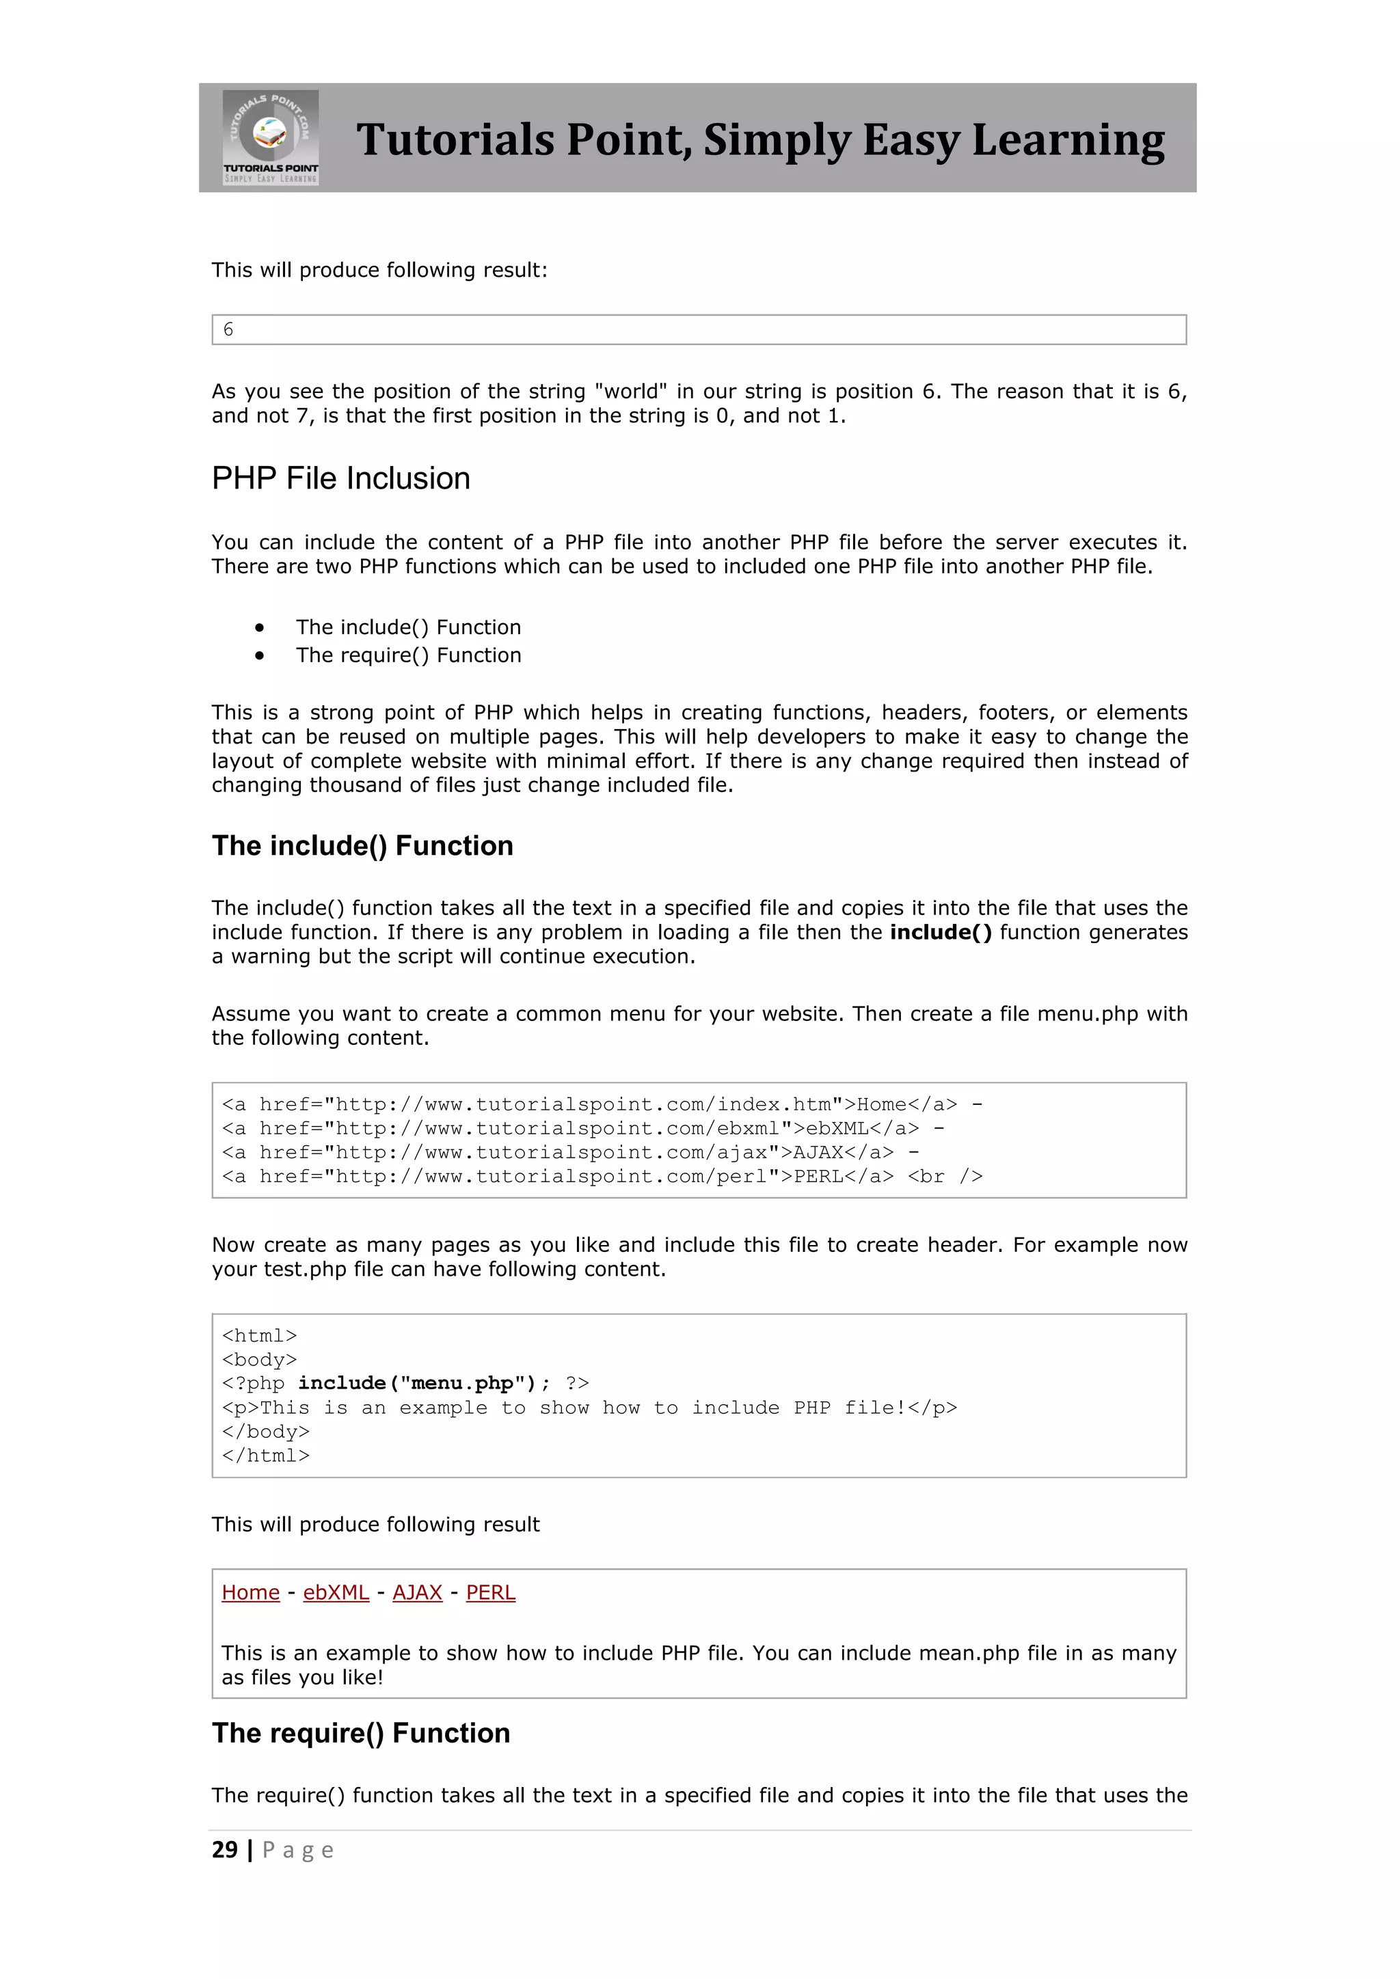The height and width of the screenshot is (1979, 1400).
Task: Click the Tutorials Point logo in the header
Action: tap(271, 137)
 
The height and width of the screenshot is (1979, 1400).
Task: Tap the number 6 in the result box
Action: tap(228, 329)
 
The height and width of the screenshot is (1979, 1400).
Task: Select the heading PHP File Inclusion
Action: tap(340, 478)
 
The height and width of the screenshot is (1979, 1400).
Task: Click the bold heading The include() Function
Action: tap(362, 845)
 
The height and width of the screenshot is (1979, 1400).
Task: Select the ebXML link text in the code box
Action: tap(836, 1128)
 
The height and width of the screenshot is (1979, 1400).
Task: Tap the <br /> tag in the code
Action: tap(945, 1177)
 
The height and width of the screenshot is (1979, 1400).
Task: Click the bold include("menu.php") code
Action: tap(423, 1383)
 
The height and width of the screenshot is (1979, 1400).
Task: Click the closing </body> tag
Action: tap(265, 1432)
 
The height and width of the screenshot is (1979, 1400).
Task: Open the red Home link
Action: tap(251, 1593)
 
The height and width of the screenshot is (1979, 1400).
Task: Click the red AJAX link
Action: tap(417, 1593)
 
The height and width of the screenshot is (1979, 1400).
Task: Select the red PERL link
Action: tap(491, 1593)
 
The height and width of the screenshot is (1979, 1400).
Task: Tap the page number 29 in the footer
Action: tap(224, 1850)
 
